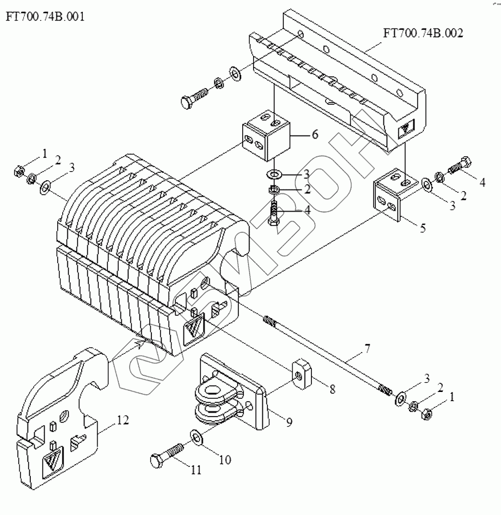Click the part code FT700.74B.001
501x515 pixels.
click(45, 17)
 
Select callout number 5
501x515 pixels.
click(422, 228)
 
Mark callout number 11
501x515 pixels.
click(196, 470)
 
